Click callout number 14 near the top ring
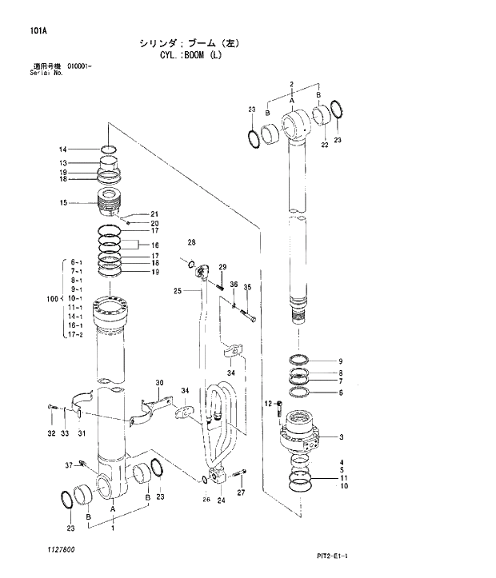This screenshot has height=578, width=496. coord(62,149)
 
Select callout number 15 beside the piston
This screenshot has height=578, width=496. coord(62,203)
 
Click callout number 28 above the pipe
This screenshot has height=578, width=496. coord(192,242)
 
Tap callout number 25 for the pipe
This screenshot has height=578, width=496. coord(178,292)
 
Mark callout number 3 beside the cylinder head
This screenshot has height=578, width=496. coord(342,436)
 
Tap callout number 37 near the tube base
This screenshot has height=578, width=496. coord(69,464)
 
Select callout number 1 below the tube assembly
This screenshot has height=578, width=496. coord(113,528)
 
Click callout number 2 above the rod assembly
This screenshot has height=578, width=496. coord(292,84)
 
